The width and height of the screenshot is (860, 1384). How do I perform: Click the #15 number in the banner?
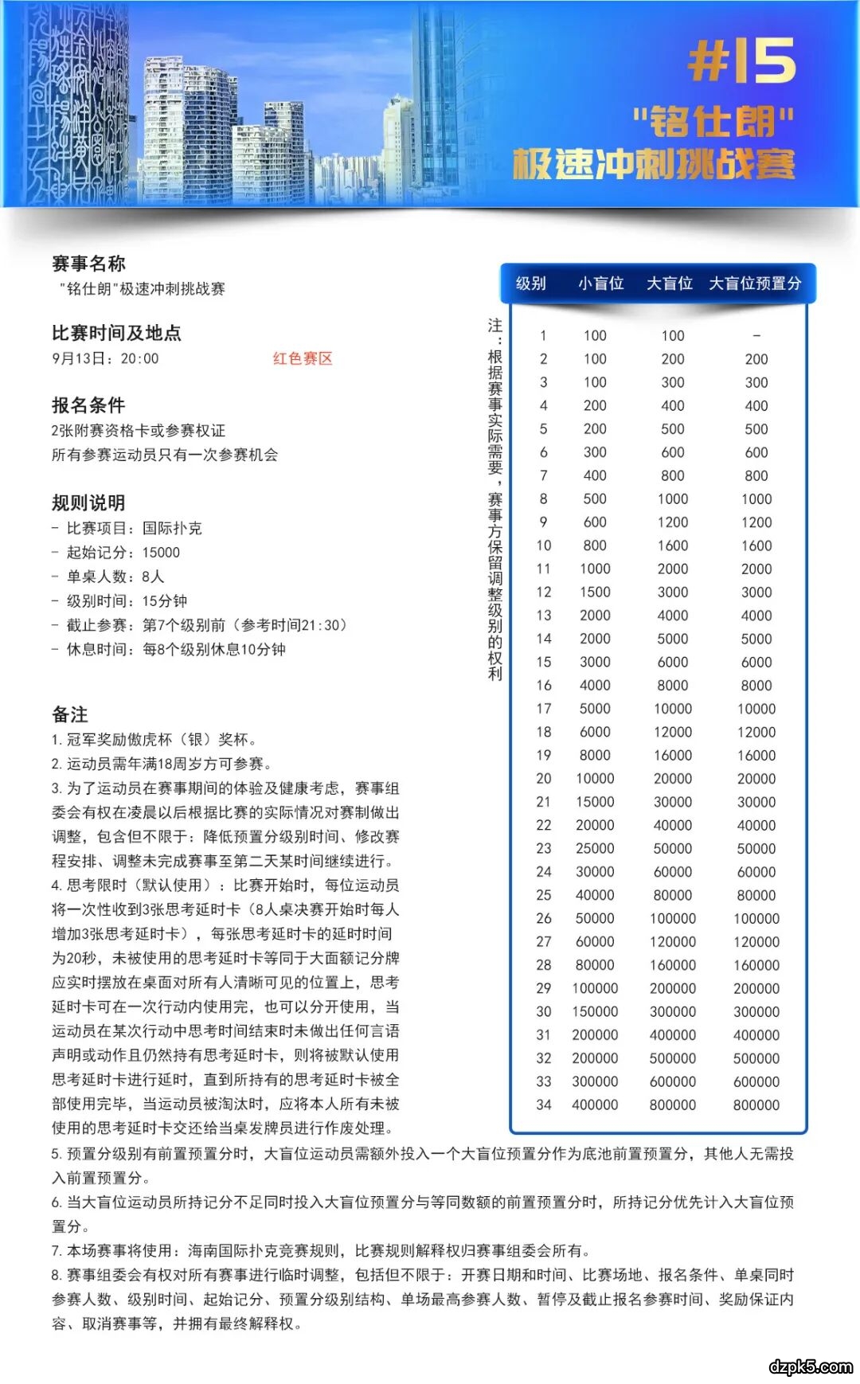click(741, 61)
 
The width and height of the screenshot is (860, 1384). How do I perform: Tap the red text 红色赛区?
click(303, 358)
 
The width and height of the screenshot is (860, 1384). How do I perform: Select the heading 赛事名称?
click(88, 264)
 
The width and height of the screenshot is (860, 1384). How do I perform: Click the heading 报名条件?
click(88, 405)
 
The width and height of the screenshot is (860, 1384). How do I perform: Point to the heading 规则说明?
click(88, 502)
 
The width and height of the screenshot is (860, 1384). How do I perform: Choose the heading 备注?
click(70, 714)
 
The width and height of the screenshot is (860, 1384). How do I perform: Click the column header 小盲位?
click(600, 283)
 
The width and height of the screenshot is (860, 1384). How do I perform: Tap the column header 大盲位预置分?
click(755, 283)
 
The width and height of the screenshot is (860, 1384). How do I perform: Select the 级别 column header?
click(531, 283)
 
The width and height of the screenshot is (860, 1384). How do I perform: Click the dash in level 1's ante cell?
click(756, 336)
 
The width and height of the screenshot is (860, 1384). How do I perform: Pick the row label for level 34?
click(544, 1104)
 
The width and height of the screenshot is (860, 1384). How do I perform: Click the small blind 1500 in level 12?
click(595, 592)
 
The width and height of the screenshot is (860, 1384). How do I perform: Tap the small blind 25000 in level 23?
click(595, 849)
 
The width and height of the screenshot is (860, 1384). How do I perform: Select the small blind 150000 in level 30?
click(595, 1011)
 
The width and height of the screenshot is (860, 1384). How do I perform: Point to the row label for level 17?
click(544, 709)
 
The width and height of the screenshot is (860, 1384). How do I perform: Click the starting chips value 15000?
click(161, 553)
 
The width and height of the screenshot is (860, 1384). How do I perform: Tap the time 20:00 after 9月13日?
click(140, 359)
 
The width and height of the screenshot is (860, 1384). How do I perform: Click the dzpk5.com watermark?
click(811, 1366)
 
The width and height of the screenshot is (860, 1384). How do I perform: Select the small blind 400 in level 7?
click(595, 475)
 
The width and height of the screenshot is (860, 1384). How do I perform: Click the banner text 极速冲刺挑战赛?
click(654, 164)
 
